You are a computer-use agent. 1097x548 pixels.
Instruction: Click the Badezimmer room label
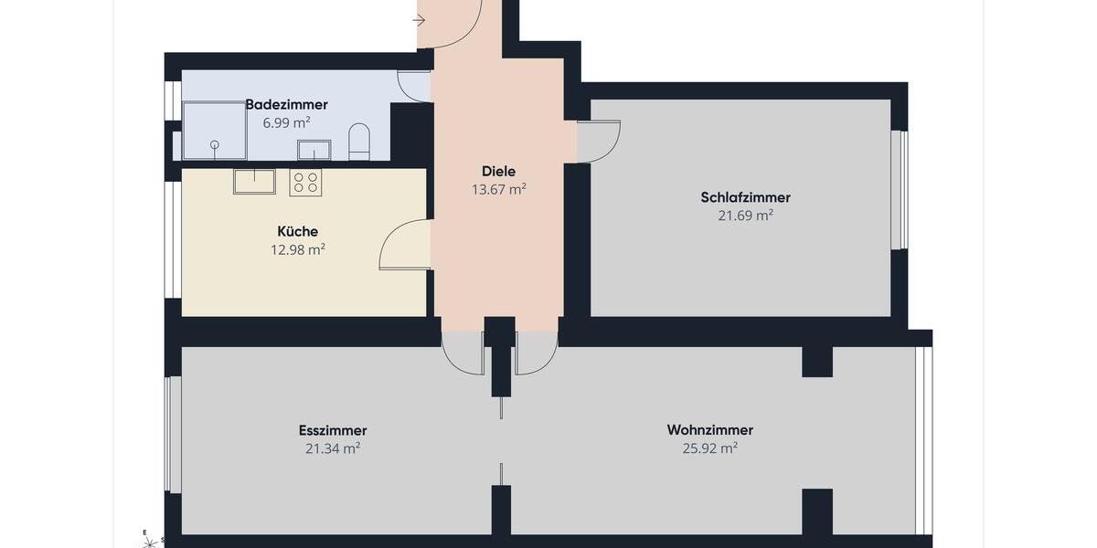[x=286, y=105]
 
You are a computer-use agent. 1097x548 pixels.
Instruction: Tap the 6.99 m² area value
[x=286, y=122]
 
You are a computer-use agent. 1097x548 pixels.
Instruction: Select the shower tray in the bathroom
[x=214, y=131]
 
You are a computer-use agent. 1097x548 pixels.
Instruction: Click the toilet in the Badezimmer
[x=359, y=142]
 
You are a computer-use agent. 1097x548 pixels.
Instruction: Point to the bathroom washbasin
[x=314, y=150]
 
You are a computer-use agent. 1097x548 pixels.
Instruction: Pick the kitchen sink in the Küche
[x=254, y=181]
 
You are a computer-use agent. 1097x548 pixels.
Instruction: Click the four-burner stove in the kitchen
[x=305, y=183]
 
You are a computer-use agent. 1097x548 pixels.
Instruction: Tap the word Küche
[x=298, y=232]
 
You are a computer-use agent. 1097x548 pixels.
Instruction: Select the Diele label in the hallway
[x=498, y=172]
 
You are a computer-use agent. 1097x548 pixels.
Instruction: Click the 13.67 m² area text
[x=498, y=190]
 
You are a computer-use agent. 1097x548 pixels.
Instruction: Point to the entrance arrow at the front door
[x=421, y=19]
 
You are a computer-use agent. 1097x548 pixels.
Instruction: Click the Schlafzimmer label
[x=745, y=197]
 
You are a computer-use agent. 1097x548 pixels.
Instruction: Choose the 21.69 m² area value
[x=745, y=216]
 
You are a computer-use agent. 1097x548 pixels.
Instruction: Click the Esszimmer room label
[x=332, y=430]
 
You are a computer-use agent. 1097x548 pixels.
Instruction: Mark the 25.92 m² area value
[x=709, y=448]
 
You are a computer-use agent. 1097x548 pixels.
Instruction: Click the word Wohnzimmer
[x=709, y=430]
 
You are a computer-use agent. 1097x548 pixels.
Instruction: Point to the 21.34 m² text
[x=332, y=448]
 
